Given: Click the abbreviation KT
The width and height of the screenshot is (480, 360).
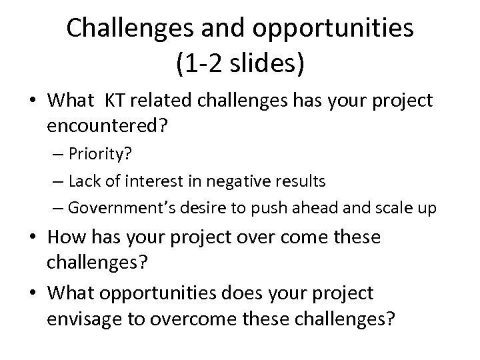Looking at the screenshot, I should point(114,101).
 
